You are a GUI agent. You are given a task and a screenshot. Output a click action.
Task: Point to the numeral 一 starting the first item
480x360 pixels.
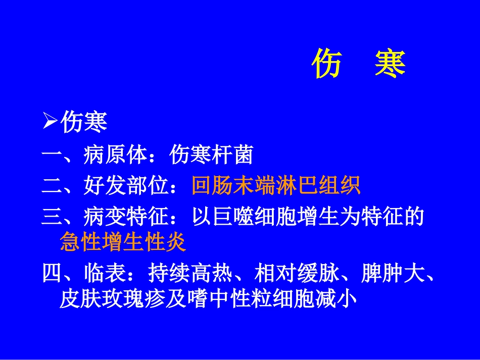click(51, 155)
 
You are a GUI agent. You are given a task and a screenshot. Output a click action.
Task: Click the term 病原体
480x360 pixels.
click(115, 155)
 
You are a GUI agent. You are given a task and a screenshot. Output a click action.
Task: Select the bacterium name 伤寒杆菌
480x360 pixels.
click(211, 155)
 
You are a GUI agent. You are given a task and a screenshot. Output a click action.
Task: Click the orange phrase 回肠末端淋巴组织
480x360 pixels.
click(276, 186)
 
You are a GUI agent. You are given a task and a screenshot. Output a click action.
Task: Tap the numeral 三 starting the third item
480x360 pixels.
click(51, 218)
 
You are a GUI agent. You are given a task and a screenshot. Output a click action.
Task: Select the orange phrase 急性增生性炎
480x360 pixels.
click(123, 243)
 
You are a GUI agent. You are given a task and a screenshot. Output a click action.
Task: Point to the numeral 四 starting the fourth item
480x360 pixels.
click(51, 275)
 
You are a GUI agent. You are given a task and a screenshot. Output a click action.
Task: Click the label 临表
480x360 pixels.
click(104, 275)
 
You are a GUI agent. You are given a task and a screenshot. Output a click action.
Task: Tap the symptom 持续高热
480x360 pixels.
click(190, 275)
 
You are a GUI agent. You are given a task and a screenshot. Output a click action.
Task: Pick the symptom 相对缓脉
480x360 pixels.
click(297, 275)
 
